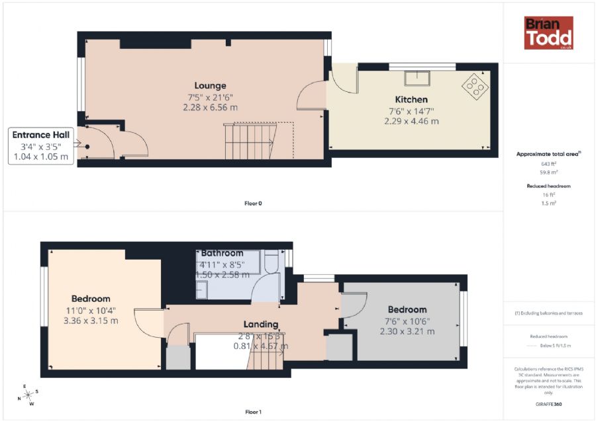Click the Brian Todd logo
(x=548, y=33)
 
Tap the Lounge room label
(x=210, y=85)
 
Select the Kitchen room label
(x=411, y=100)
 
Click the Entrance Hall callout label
(x=41, y=135)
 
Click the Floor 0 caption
(x=253, y=204)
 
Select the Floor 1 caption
(x=253, y=412)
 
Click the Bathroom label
(x=222, y=253)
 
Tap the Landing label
(x=260, y=325)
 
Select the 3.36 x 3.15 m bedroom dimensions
(x=91, y=321)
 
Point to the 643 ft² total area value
(x=548, y=163)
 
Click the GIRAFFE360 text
(x=548, y=403)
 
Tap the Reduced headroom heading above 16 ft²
(x=548, y=186)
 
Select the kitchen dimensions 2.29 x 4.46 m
(x=411, y=121)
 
